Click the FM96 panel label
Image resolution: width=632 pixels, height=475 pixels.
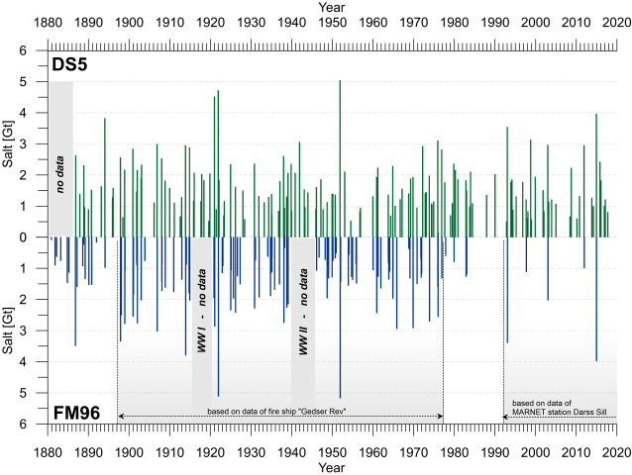[x=77, y=409]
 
